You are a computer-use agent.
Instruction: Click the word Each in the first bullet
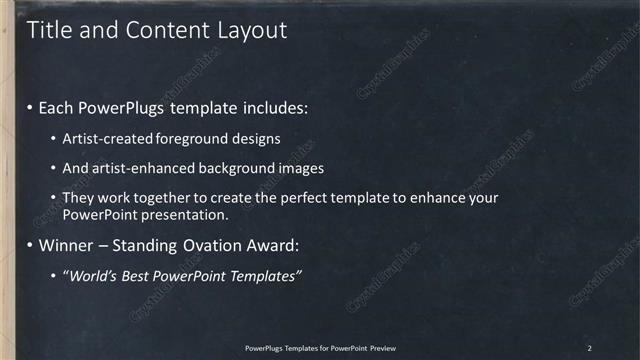tap(58, 106)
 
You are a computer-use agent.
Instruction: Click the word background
tap(239, 168)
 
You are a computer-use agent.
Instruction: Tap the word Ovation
tap(217, 245)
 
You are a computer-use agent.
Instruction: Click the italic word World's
tap(95, 275)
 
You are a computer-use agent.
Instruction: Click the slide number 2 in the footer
tap(590, 347)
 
